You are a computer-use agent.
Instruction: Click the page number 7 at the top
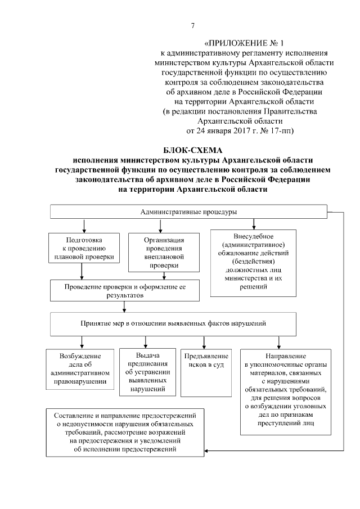pyautogui.click(x=193, y=26)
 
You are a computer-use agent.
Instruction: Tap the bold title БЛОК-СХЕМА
pyautogui.click(x=193, y=151)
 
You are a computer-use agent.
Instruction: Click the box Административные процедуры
pyautogui.click(x=188, y=212)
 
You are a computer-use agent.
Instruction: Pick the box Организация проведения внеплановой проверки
pyautogui.click(x=163, y=252)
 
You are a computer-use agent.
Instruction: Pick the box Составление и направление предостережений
pyautogui.click(x=125, y=432)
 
